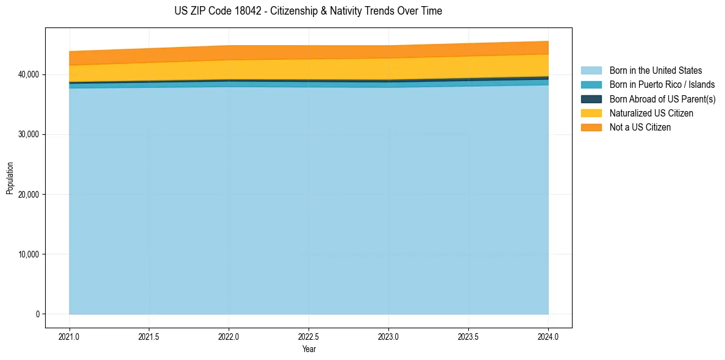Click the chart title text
(308, 11)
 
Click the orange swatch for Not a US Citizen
(591, 128)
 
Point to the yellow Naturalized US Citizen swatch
(591, 113)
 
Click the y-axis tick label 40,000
(27, 74)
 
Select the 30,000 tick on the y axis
(27, 134)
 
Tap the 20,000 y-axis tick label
(27, 195)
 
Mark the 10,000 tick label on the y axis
(27, 254)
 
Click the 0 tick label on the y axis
(37, 314)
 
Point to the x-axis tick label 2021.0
(70, 336)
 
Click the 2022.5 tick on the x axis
(309, 336)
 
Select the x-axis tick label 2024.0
(548, 336)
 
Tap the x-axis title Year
(309, 349)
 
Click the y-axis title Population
(10, 178)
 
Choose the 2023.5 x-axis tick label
(468, 336)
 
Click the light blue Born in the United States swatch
(591, 71)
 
